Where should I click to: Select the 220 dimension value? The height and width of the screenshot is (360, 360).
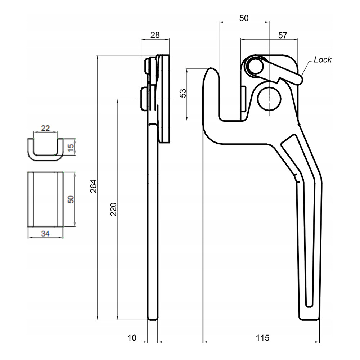coord(113,209)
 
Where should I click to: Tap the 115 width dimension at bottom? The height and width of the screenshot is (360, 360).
coord(262,338)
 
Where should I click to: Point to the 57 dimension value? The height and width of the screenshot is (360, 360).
coord(283,35)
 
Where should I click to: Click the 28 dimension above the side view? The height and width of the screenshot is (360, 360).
coord(155,35)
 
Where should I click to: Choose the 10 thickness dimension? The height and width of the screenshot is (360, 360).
coord(132,338)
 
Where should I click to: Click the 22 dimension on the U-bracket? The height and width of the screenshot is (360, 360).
coord(45,128)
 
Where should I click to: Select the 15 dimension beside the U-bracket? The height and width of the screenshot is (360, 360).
coord(71,147)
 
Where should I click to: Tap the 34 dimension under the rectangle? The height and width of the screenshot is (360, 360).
coord(45,234)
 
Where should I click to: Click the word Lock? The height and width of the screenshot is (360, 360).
coord(323,60)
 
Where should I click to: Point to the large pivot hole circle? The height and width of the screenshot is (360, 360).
coord(269,98)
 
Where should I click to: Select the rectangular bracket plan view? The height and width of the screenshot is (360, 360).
coord(46,199)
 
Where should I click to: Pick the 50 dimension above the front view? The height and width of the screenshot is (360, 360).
coord(244,18)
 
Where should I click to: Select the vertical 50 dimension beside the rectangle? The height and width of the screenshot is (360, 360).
coord(71,199)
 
